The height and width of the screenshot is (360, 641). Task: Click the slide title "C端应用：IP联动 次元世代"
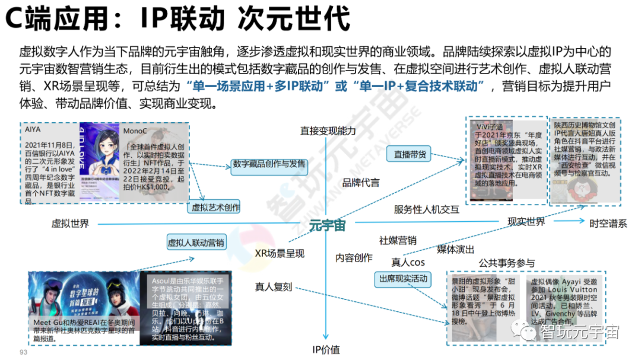177,19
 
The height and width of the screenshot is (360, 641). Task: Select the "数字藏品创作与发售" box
269,164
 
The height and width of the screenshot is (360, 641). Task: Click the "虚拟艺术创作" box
215,208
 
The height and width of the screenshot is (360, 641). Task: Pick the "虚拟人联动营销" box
196,243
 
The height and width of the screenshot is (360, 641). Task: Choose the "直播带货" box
410,154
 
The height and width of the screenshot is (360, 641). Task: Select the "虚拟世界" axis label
70,224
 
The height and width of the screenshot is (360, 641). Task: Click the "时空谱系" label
608,224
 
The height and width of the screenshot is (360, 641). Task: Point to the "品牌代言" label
360,183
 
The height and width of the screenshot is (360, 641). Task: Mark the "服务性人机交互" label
426,209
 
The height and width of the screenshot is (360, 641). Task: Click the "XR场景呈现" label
280,253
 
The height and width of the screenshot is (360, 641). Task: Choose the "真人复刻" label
274,287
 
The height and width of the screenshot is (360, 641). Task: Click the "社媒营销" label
398,241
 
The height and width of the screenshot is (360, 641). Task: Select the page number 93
24,352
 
